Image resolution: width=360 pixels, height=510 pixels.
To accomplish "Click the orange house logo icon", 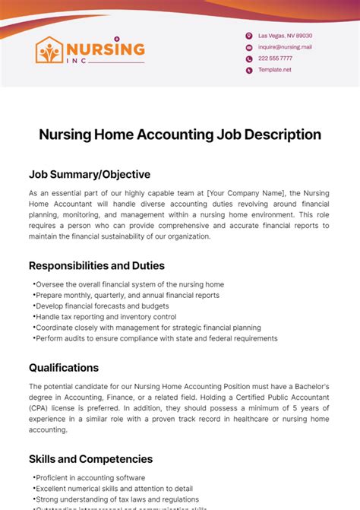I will coord(50,50).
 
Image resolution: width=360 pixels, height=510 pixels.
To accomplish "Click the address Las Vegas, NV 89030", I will coord(285,36).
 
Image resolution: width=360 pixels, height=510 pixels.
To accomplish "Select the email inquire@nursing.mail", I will coord(285,47).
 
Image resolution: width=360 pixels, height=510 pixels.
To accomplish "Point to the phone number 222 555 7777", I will coord(275,59).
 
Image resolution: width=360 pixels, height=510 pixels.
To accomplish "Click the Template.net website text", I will coord(274,70).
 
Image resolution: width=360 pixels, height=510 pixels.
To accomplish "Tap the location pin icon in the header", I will coord(248,36).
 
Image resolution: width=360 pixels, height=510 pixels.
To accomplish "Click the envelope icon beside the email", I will coord(248,47).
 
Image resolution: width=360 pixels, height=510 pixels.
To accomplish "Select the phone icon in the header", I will coord(248,59).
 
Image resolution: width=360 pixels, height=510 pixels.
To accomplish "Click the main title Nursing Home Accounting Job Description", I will coord(180,135).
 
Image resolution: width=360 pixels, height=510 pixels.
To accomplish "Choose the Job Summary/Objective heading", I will coord(90,174).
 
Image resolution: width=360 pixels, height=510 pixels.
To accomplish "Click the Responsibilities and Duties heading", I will coord(96,266).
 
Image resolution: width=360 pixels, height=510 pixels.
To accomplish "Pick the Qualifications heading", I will coord(64,367).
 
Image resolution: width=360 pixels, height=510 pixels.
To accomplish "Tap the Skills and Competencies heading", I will coord(91,459).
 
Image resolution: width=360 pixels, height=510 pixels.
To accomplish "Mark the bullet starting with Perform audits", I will coord(156,338).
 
